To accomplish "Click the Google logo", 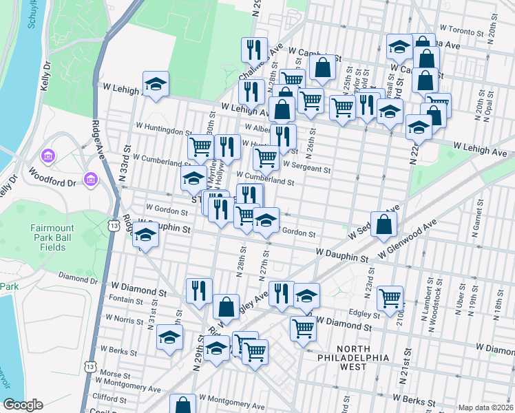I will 23,405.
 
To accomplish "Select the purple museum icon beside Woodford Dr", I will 90,180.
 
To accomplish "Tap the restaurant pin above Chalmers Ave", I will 254,49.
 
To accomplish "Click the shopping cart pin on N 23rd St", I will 390,297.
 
